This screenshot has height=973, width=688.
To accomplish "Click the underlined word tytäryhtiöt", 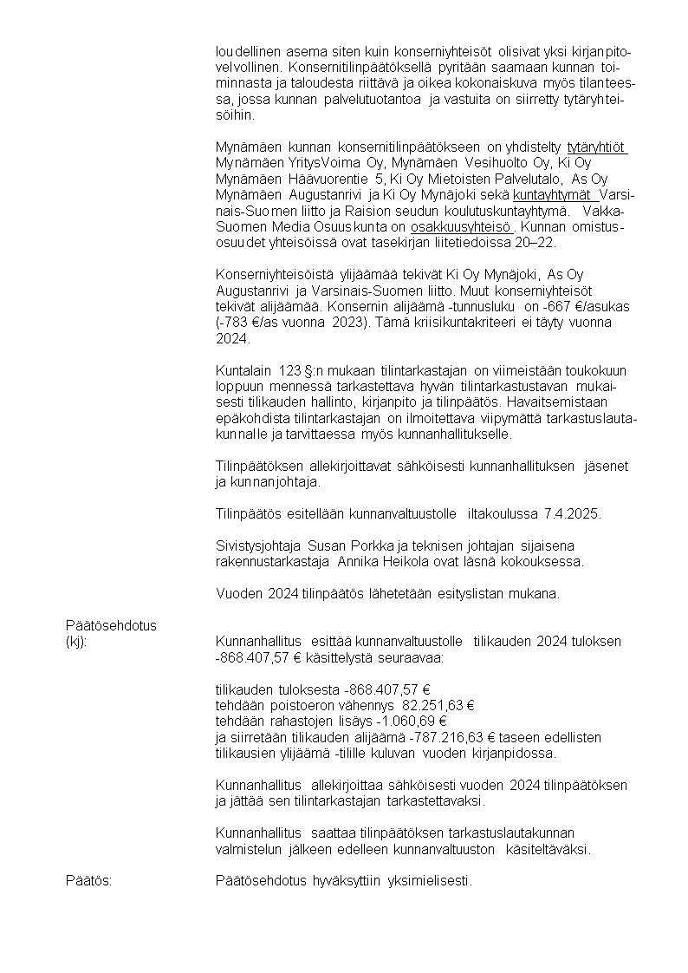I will pos(597,146).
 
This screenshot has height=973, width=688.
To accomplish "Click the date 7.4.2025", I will pos(573,514).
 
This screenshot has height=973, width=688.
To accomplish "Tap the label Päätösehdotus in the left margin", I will pos(112,625).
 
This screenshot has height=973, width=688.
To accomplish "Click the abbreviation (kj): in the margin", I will pos(77,642).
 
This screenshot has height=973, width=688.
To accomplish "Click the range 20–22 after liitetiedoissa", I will pos(538,242).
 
